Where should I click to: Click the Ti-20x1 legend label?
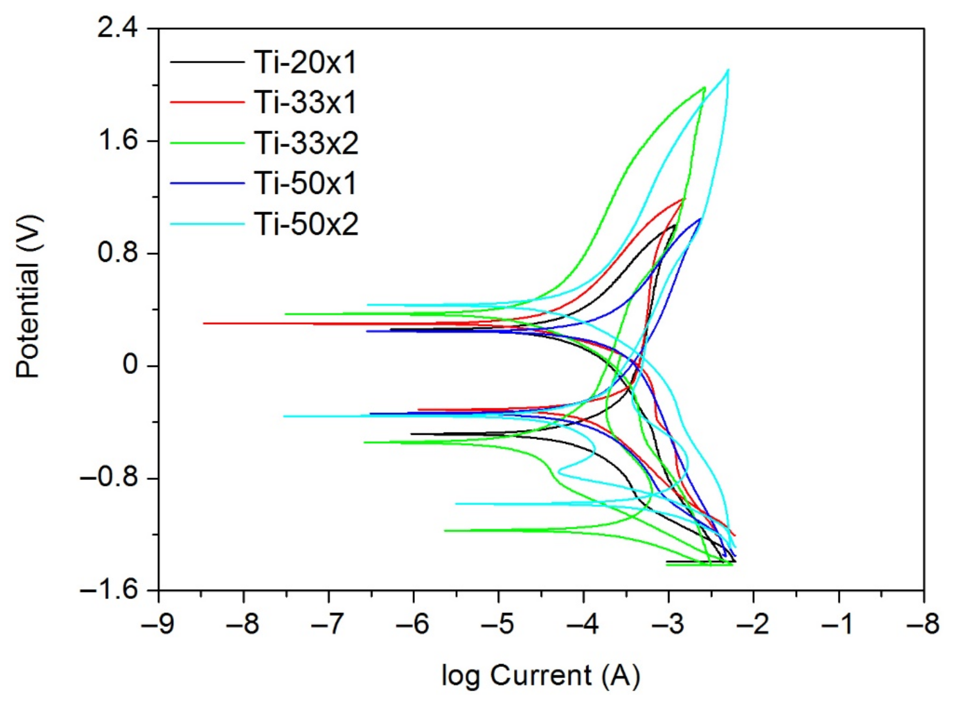[x=305, y=62]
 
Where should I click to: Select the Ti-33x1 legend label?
[x=305, y=103]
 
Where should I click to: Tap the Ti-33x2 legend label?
[x=306, y=143]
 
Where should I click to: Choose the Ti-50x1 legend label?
[x=305, y=184]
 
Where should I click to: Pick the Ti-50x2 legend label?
[x=306, y=224]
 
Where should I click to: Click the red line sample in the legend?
[x=207, y=102]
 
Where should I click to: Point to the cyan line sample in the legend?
[x=207, y=224]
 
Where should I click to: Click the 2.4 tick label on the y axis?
[x=118, y=29]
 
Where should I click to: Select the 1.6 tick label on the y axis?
[x=118, y=141]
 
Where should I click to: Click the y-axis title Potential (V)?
[x=28, y=297]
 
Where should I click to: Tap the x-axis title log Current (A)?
[x=541, y=676]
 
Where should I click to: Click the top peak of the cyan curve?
[x=728, y=70]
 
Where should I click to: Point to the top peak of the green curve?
[x=704, y=88]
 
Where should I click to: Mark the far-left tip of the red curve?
[x=204, y=323]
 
